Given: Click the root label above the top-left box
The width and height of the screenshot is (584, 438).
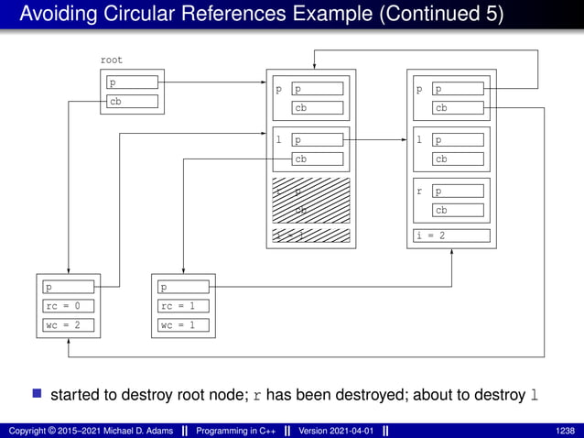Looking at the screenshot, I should click(111, 60).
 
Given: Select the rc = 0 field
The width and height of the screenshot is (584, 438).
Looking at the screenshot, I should click(68, 306).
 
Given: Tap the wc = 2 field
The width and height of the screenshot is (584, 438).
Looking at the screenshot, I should click(68, 324).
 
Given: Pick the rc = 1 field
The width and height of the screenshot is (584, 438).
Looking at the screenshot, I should click(182, 306).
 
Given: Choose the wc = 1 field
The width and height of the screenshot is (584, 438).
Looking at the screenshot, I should click(182, 324).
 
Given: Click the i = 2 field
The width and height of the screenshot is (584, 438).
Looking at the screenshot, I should click(450, 235).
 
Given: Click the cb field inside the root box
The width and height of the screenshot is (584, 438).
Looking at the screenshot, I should click(132, 102).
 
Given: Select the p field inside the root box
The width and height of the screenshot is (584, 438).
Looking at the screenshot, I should click(132, 82).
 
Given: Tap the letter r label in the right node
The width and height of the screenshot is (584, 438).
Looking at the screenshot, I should click(419, 192).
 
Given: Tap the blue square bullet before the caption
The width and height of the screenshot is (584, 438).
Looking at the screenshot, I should click(37, 394).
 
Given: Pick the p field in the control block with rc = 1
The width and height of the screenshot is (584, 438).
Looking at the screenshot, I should click(182, 288).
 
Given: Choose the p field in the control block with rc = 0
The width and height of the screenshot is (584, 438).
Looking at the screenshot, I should click(68, 288).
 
